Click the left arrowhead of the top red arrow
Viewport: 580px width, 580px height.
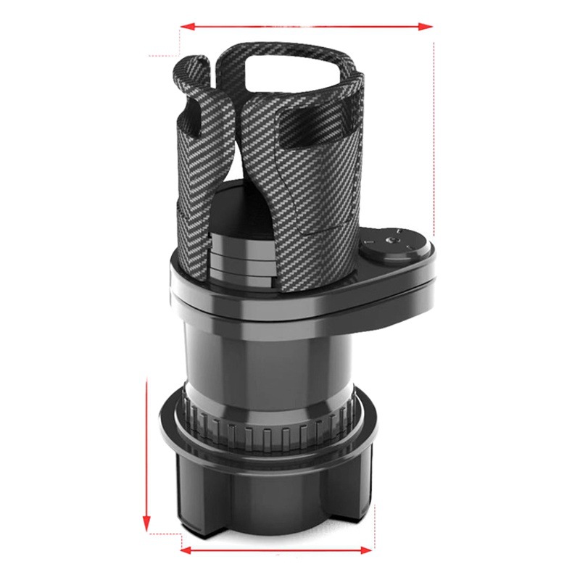[x=186, y=26]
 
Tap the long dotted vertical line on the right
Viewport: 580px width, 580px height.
[x=434, y=138]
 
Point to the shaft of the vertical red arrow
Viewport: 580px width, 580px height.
[x=147, y=449]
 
